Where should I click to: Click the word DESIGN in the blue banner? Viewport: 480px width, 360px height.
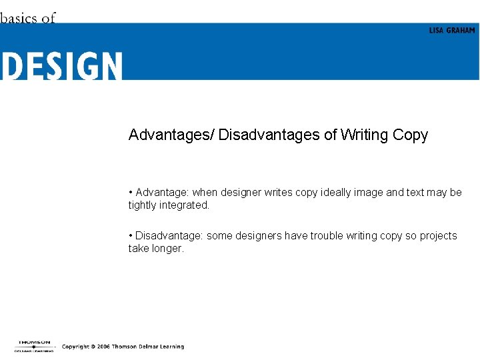[61, 66]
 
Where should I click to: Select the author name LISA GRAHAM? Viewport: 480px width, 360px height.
[452, 31]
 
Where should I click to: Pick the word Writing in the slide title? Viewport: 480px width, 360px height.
[365, 135]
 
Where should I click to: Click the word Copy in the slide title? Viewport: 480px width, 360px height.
[410, 135]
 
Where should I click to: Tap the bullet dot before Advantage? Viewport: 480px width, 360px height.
[131, 192]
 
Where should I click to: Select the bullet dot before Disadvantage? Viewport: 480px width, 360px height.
[131, 235]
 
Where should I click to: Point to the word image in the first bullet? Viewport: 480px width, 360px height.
[370, 192]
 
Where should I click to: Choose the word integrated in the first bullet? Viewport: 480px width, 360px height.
[184, 205]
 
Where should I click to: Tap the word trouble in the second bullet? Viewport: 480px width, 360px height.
[325, 235]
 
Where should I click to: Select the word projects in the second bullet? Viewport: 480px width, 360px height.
[439, 235]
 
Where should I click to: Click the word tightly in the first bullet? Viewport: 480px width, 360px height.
[142, 205]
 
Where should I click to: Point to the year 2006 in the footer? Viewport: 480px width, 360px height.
[101, 347]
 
